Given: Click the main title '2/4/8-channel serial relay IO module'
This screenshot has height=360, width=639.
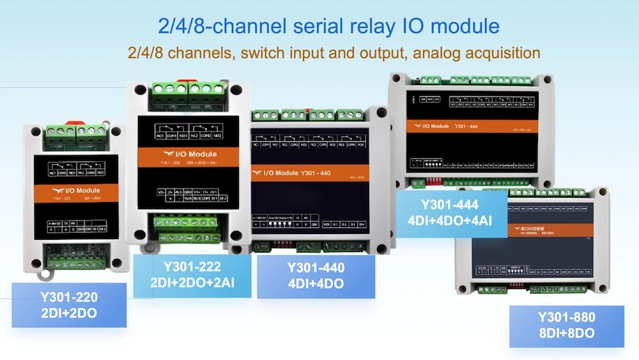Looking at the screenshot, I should tap(328, 26).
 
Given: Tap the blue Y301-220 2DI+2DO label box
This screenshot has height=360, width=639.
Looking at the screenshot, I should tap(69, 305).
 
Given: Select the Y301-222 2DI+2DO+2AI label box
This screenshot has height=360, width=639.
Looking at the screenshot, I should tap(192, 275).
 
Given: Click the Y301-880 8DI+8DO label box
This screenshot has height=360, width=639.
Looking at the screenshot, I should tap(566, 325).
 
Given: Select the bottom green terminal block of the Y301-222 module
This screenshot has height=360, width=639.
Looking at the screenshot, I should tap(187, 226).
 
